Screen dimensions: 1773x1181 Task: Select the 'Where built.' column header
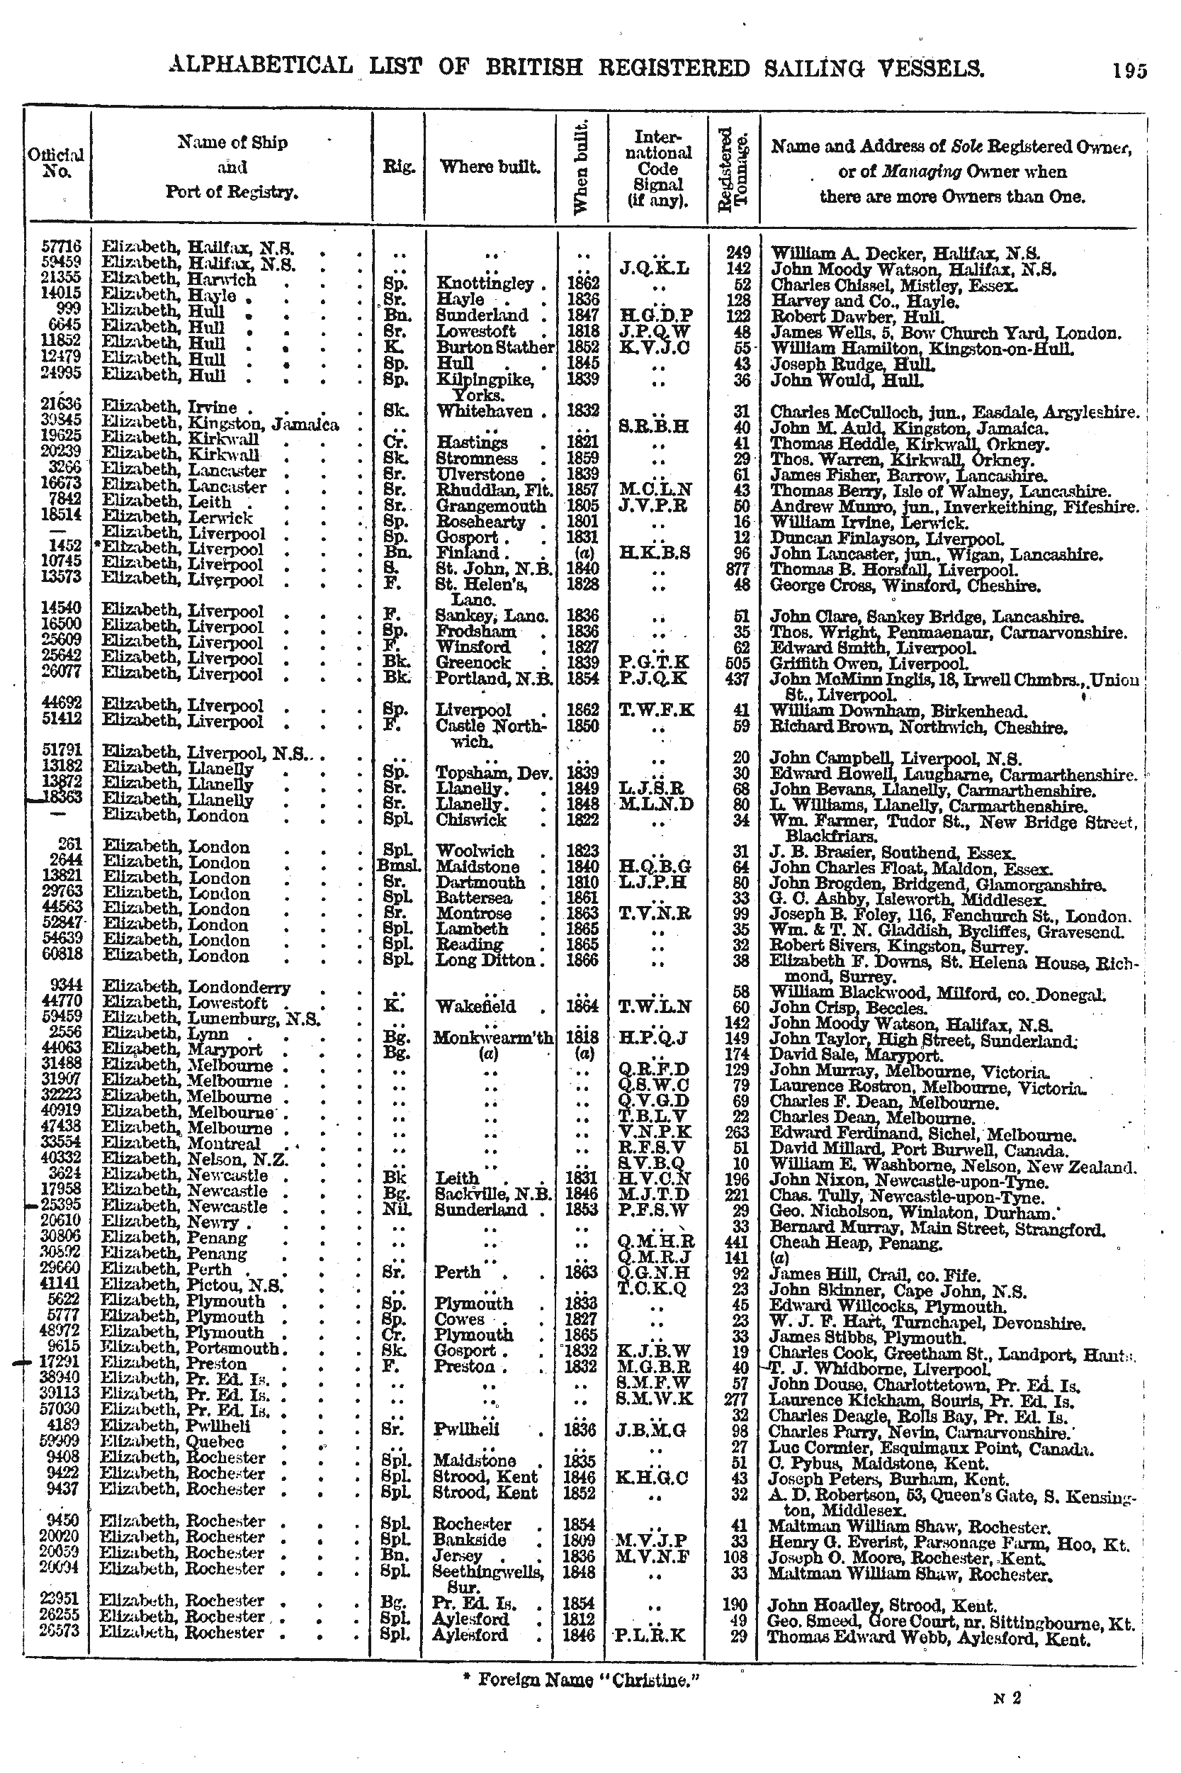tap(490, 167)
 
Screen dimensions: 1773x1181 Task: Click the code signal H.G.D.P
tap(655, 315)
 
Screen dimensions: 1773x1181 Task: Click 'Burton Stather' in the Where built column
tap(495, 347)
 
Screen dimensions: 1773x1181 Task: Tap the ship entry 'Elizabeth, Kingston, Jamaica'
tap(220, 426)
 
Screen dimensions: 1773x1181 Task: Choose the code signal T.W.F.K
tap(655, 709)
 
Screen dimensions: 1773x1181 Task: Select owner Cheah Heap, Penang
tap(856, 1243)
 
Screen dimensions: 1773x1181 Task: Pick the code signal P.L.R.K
tap(650, 1634)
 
